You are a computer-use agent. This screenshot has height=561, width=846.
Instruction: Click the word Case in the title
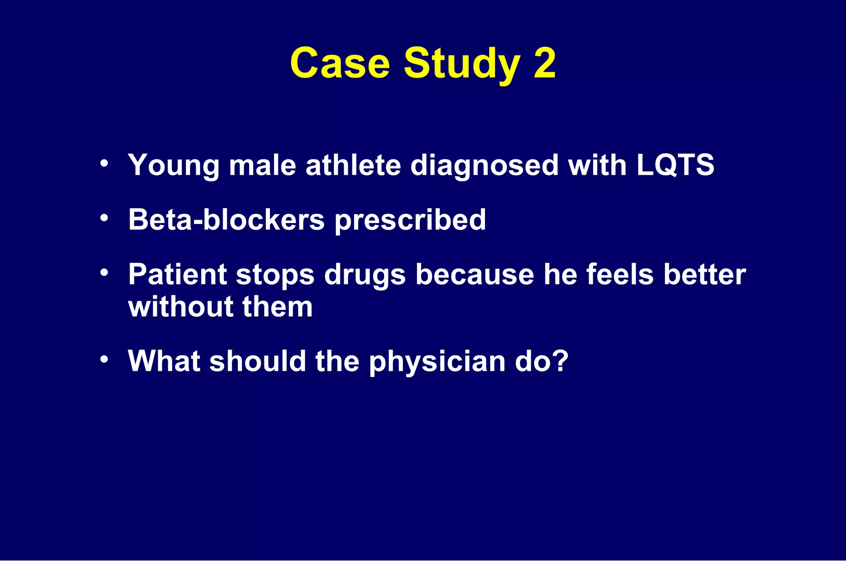pos(340,63)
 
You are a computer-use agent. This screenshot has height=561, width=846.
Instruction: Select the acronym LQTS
pos(675,165)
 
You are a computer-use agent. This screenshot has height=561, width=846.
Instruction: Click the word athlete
pos(353,165)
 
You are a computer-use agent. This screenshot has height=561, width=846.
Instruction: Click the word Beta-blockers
pos(226,219)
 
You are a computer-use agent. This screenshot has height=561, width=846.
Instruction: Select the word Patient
pos(177,274)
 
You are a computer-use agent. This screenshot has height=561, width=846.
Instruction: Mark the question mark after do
pos(561,361)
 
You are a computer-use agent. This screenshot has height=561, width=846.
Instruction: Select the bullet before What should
pos(104,359)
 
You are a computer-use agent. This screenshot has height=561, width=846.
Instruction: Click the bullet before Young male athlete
pos(104,163)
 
